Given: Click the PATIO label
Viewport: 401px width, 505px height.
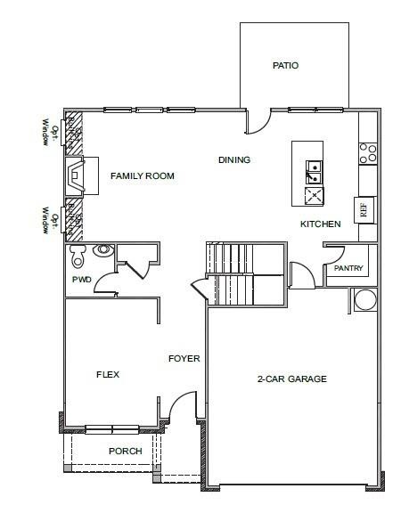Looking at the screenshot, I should click(x=285, y=66).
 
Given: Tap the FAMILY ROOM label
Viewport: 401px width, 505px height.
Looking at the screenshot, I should click(x=142, y=176).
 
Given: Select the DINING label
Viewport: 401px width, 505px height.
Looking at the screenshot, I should click(x=234, y=160).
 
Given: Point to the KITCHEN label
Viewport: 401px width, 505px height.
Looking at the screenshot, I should click(x=320, y=224).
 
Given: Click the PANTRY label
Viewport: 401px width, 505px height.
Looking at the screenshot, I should click(x=347, y=268).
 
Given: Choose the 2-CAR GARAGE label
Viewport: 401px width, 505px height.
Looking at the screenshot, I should click(x=292, y=379).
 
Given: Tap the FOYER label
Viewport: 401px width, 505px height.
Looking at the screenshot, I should click(x=184, y=359).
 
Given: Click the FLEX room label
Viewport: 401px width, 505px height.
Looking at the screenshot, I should click(x=108, y=375).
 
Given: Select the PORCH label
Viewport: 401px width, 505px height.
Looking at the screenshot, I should click(x=126, y=452).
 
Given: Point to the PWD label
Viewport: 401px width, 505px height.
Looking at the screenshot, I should click(x=82, y=280).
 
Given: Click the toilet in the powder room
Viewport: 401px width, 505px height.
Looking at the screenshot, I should click(x=79, y=257).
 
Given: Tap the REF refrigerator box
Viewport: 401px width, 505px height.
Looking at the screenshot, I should click(x=363, y=210).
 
